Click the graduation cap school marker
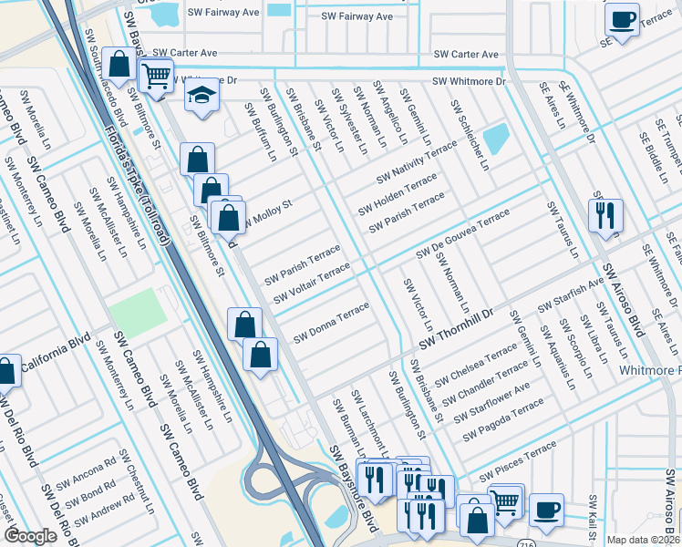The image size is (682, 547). pos(201,95)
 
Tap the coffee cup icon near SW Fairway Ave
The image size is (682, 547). pos(623,19)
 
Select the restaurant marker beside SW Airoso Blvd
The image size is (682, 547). pos(605,216)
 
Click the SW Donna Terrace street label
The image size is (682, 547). pos(330,326)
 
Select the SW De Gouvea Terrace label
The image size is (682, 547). pos(463,233)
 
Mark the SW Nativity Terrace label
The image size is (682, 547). pos(415,161)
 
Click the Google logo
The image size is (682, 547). pos(30,535)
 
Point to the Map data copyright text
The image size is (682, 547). pos(644,540)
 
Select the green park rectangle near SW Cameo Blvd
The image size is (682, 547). pos(139,313)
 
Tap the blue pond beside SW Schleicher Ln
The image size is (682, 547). pos(496,139)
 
